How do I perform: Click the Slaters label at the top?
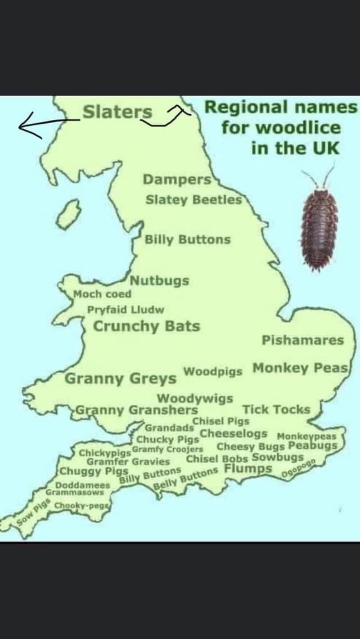coord(117,112)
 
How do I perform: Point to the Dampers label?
coord(177,179)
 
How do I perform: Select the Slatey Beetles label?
coord(193,199)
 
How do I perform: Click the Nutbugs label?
coord(160,281)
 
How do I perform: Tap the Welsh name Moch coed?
coord(102,294)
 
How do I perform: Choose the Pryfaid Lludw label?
coord(125,309)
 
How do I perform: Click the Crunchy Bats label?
coord(146,326)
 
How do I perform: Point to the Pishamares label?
coord(302,340)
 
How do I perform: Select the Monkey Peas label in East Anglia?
coord(301,368)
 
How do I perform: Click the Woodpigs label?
coord(213,372)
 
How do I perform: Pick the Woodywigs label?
coord(195,398)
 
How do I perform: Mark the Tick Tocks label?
coord(276,409)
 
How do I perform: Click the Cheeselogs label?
coord(233,433)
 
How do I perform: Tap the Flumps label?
coord(248,468)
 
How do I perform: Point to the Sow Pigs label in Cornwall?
coord(33,514)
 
